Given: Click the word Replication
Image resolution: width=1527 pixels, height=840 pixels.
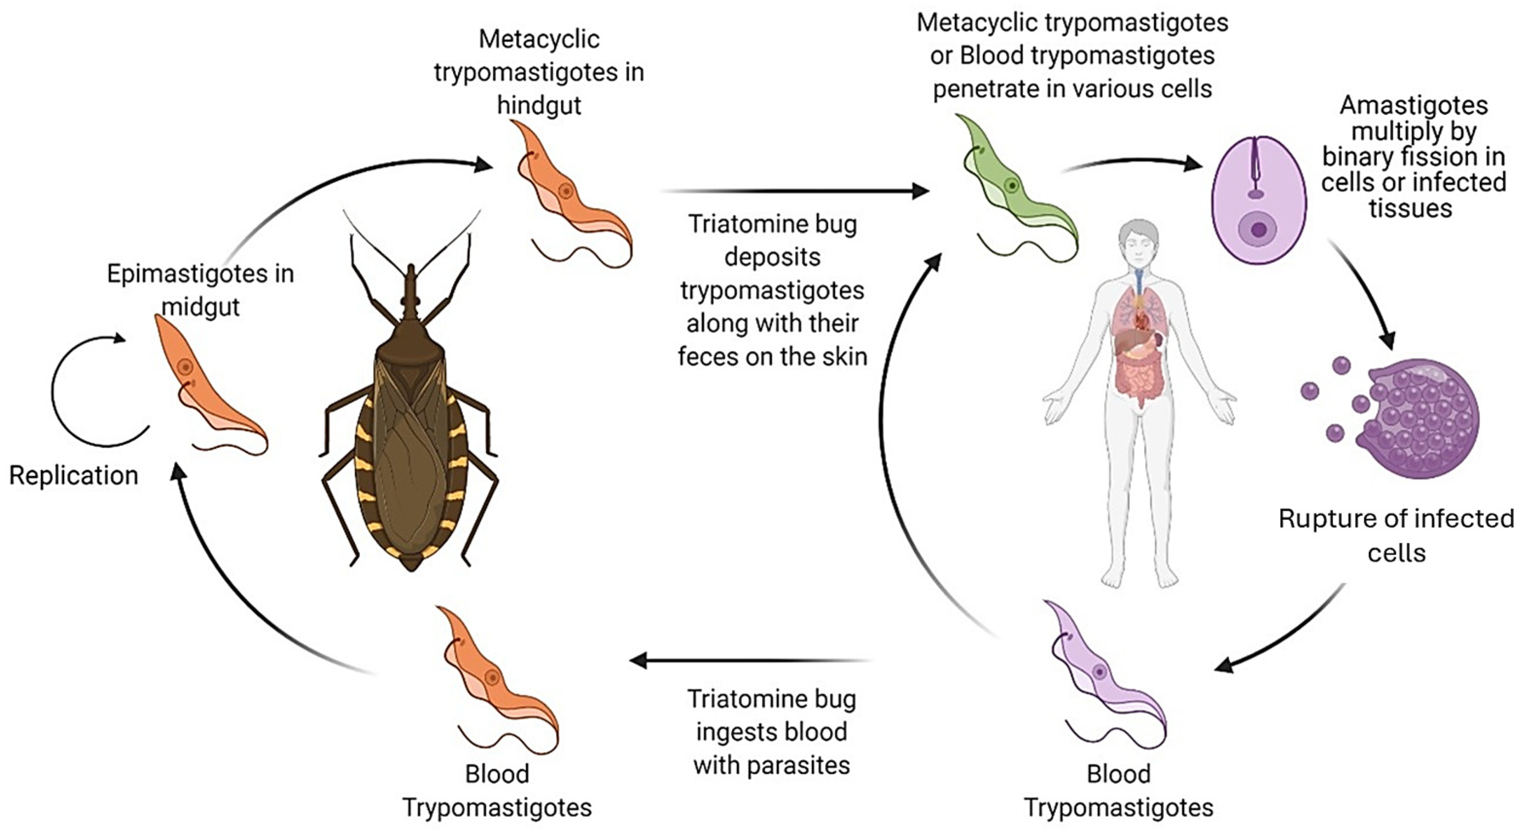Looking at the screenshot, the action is point(73,476).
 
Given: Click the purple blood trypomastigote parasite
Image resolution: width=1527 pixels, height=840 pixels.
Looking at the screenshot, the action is point(1103,676).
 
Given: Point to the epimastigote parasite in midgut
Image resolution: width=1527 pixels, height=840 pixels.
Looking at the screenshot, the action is point(205,385).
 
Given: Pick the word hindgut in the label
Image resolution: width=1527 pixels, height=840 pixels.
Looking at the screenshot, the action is point(539,105).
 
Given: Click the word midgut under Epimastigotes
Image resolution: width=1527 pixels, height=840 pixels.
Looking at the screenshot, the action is point(200,307).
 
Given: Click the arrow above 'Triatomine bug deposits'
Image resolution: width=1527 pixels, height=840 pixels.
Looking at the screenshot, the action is point(794,191).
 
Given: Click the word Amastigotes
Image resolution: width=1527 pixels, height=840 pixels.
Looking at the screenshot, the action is point(1414,105).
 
